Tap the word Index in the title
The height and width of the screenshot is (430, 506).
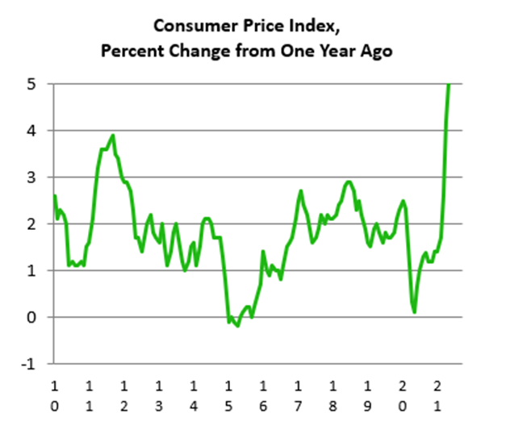click(x=311, y=28)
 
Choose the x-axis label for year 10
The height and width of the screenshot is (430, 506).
click(x=54, y=395)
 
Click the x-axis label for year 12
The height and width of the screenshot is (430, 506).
click(x=123, y=395)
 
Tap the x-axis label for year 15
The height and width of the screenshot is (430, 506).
click(x=228, y=395)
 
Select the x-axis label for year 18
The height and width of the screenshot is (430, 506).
click(x=333, y=395)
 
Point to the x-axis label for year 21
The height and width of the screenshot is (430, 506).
click(x=438, y=395)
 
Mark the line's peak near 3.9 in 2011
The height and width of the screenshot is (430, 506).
click(x=113, y=136)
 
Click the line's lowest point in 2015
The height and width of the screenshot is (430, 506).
click(x=237, y=326)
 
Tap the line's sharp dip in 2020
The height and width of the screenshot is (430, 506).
click(x=414, y=312)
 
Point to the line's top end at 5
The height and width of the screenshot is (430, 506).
click(x=449, y=84)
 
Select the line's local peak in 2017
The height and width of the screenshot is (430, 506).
click(x=300, y=191)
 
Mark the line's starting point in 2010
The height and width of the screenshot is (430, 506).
click(x=54, y=196)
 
